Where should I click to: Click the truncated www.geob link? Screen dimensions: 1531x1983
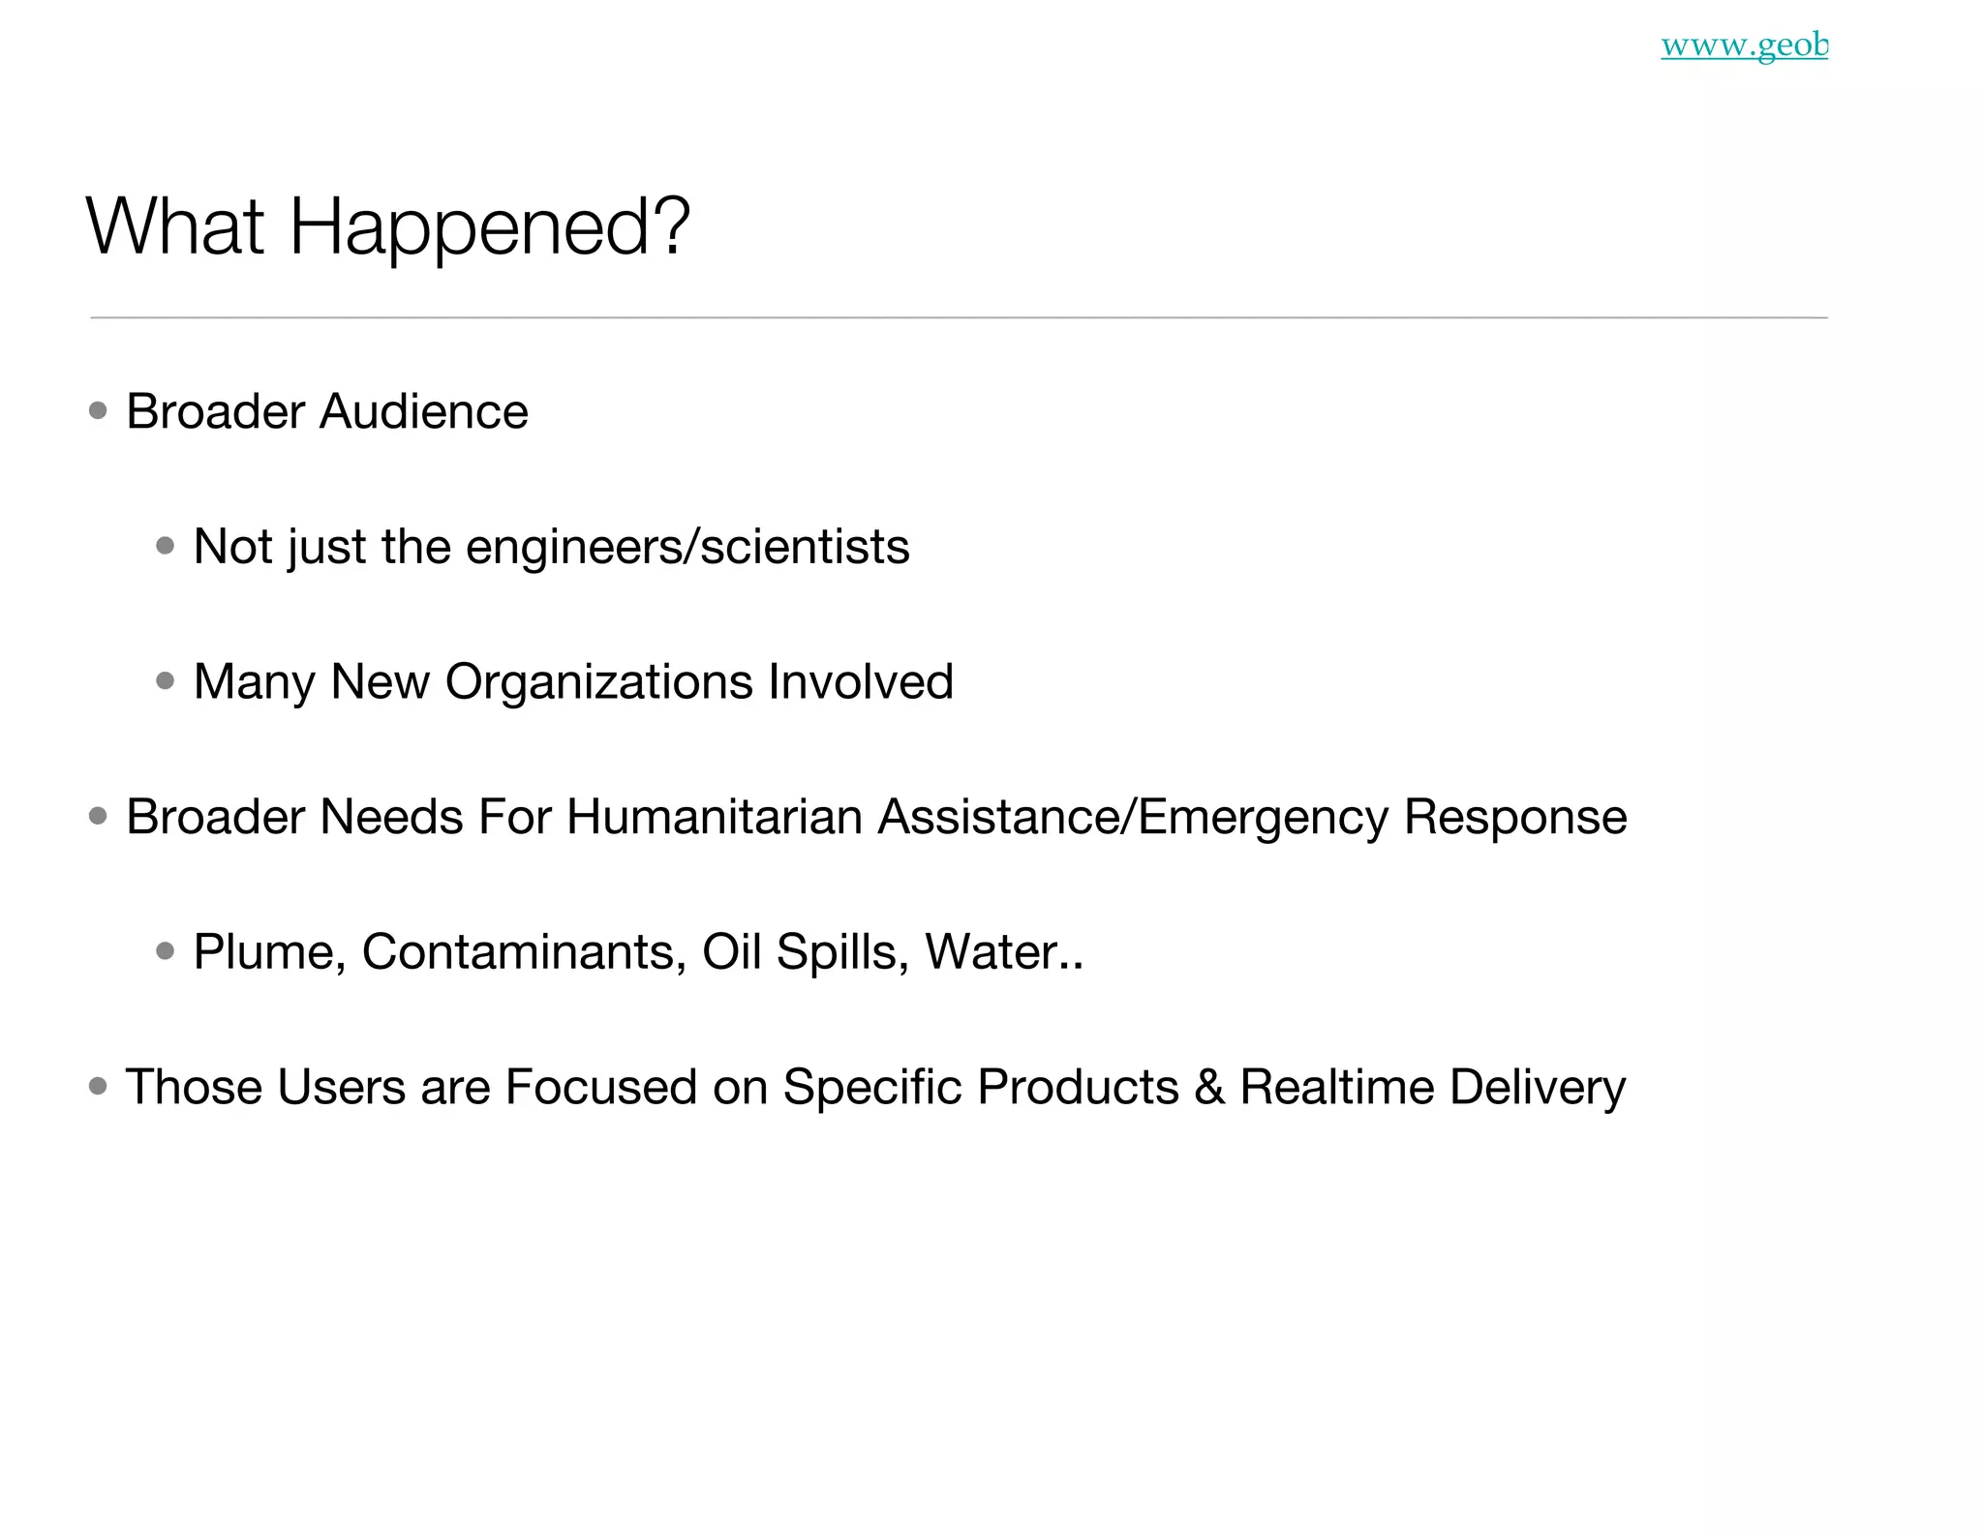1744,45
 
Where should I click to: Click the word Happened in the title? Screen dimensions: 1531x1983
489,227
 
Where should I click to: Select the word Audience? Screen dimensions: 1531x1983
424,412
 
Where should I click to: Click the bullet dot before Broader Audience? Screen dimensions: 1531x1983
98,411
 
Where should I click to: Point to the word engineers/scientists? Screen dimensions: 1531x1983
687,548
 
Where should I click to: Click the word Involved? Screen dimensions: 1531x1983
861,682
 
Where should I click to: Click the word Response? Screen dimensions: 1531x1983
1515,818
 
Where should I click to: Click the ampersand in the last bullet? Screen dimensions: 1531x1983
1209,1087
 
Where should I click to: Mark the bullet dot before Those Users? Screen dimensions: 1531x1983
98,1087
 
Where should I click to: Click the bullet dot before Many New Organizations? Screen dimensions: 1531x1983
166,681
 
